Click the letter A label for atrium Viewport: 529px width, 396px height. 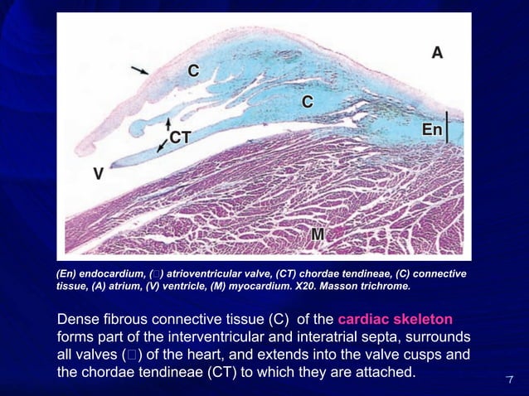[437, 52]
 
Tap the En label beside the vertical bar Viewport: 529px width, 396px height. [432, 130]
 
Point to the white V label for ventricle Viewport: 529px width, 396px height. [99, 175]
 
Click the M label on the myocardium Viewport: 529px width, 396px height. [318, 234]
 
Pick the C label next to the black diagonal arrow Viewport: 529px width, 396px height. [192, 71]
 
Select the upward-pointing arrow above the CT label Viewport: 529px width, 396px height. [168, 123]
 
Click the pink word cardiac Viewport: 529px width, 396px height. [365, 321]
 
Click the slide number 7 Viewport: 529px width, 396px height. [511, 379]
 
